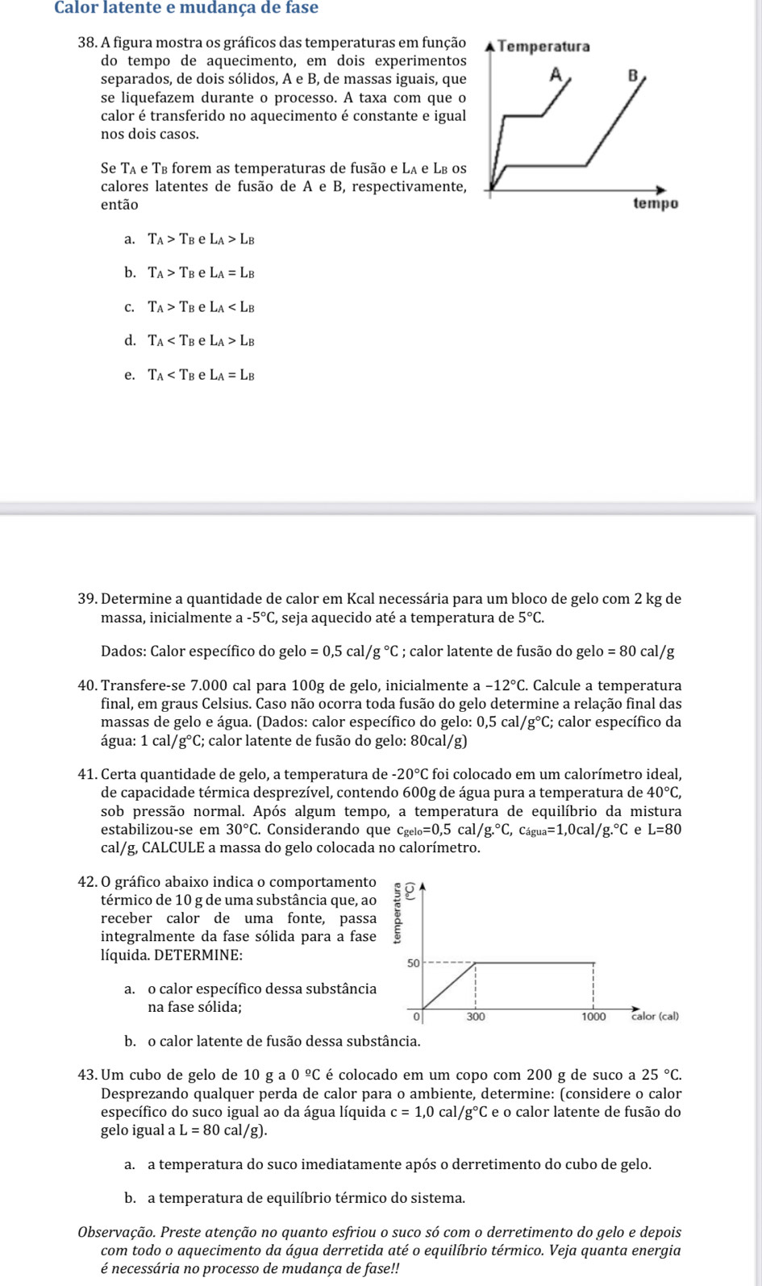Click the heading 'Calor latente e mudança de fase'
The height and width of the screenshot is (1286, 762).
(x=185, y=8)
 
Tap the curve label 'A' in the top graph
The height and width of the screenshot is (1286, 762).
(x=555, y=75)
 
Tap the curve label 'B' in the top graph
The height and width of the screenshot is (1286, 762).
(x=633, y=77)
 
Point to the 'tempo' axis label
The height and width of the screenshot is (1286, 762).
(x=656, y=204)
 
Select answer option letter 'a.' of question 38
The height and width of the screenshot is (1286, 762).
(x=129, y=239)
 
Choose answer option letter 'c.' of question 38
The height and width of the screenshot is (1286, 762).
(x=129, y=306)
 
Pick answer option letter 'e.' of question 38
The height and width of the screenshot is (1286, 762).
(x=129, y=374)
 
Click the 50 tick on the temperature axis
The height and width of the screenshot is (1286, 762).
(x=412, y=963)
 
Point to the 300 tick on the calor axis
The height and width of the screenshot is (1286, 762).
(x=476, y=1018)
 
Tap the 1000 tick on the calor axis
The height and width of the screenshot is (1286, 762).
(x=594, y=1018)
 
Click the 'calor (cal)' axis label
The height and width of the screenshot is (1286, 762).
(x=654, y=1017)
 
